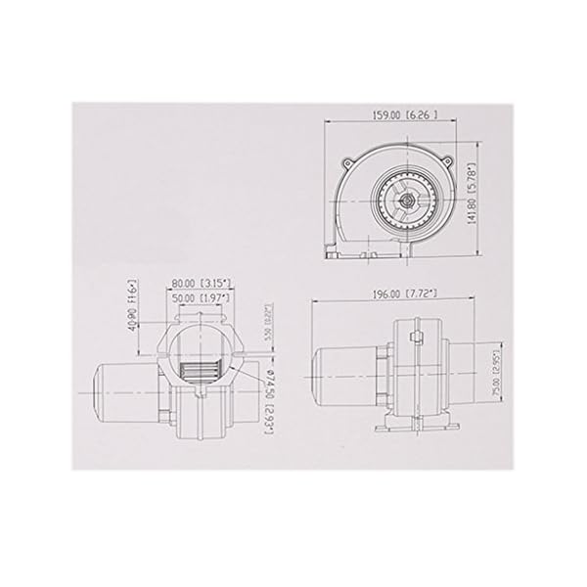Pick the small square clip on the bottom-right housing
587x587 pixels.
tap(417, 339)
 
